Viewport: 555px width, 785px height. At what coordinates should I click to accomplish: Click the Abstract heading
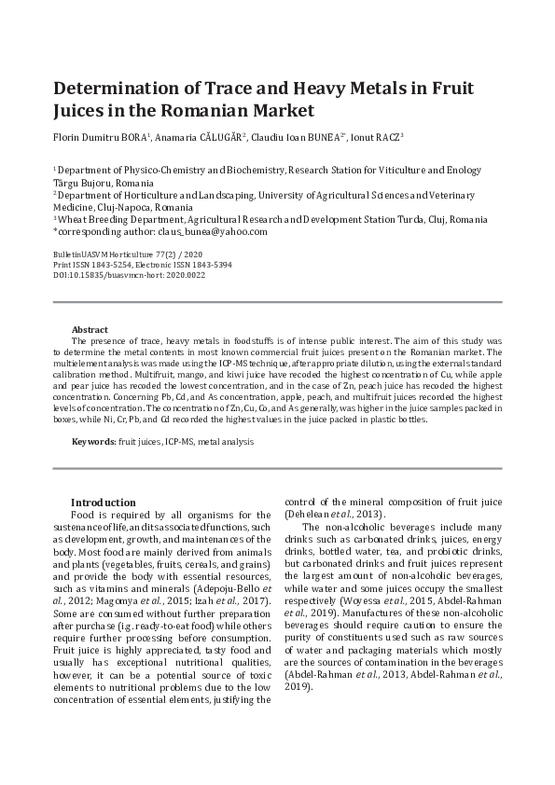click(x=90, y=330)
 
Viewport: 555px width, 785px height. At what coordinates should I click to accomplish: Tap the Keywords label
click(x=92, y=439)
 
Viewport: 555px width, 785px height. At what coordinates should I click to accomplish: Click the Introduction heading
click(x=104, y=502)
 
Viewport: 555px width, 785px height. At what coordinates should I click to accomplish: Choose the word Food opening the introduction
click(x=84, y=515)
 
